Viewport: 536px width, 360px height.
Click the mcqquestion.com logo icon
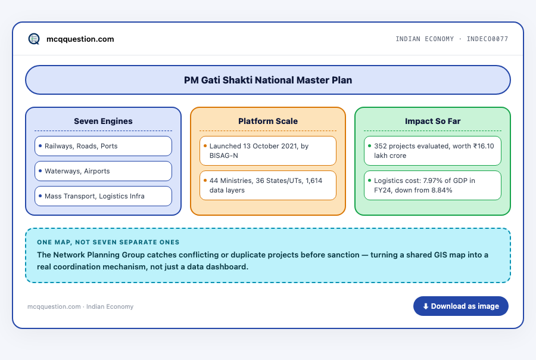pos(34,39)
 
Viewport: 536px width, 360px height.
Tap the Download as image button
pos(461,306)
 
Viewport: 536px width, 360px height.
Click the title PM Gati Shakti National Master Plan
pos(268,80)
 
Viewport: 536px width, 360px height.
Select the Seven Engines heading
pos(103,121)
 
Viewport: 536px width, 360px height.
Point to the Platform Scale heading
pos(268,121)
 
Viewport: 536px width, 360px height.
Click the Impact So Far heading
pos(433,121)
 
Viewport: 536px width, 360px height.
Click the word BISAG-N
pos(223,156)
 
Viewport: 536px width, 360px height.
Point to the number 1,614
pos(314,181)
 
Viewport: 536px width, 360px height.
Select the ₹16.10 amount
pos(484,146)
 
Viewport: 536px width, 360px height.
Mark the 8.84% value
pos(442,190)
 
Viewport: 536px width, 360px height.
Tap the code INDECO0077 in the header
pos(487,39)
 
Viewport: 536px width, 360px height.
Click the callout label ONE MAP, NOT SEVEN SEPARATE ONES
pos(108,242)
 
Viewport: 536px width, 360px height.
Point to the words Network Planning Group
pos(99,255)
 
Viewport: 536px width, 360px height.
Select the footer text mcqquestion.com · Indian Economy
pos(80,306)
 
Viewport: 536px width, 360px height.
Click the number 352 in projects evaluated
pos(381,146)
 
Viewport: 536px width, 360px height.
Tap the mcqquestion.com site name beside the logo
pos(80,39)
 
